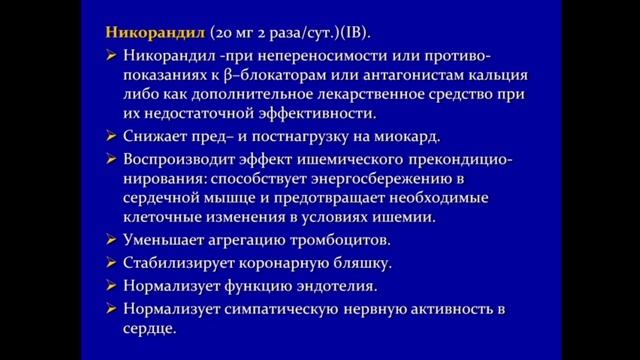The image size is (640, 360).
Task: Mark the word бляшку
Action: (x=356, y=263)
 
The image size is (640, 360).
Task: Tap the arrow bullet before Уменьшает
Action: (x=113, y=240)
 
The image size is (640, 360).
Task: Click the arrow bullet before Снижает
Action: (x=113, y=136)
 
